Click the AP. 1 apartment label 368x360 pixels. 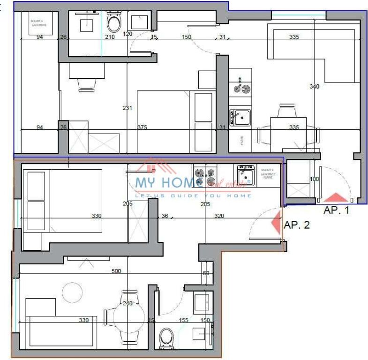coord(336,210)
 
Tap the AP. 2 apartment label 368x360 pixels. coord(297,225)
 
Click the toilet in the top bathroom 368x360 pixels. coord(113,21)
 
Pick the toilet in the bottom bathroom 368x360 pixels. coord(166,336)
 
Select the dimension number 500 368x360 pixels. coord(116,271)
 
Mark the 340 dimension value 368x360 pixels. coord(315,86)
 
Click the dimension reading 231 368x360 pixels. coord(127,108)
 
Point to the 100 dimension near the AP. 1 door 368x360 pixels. coord(315,179)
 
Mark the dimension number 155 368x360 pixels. coord(183,320)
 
